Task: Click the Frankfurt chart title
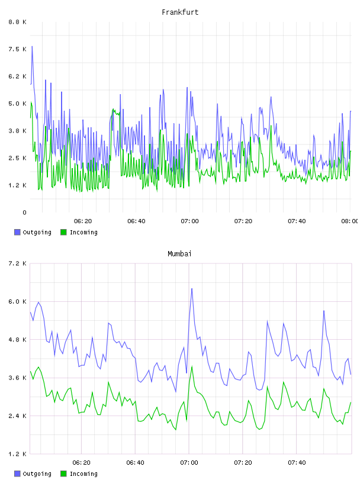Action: [180, 12]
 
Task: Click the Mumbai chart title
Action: [179, 254]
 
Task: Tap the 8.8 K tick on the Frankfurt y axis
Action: [17, 22]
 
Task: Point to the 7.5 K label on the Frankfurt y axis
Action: [17, 49]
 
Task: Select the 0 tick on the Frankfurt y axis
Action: [24, 212]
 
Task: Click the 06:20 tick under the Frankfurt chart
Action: [83, 221]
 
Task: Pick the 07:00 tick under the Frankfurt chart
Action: [189, 221]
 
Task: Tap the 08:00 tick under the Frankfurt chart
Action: [350, 221]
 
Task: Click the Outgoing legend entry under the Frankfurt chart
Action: [33, 232]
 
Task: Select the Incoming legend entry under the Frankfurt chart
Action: [79, 232]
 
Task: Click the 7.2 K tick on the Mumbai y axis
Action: [17, 263]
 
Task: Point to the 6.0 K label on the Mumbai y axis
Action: [17, 301]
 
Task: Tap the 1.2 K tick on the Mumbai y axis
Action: [17, 454]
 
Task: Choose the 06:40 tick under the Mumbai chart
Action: [136, 462]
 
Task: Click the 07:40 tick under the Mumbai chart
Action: [297, 462]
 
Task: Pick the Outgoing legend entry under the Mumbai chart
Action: [33, 474]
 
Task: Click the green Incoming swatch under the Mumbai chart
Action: [63, 474]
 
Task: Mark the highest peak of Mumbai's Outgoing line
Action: [192, 289]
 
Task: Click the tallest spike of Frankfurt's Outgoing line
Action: [32, 47]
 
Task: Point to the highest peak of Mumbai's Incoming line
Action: [192, 366]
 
